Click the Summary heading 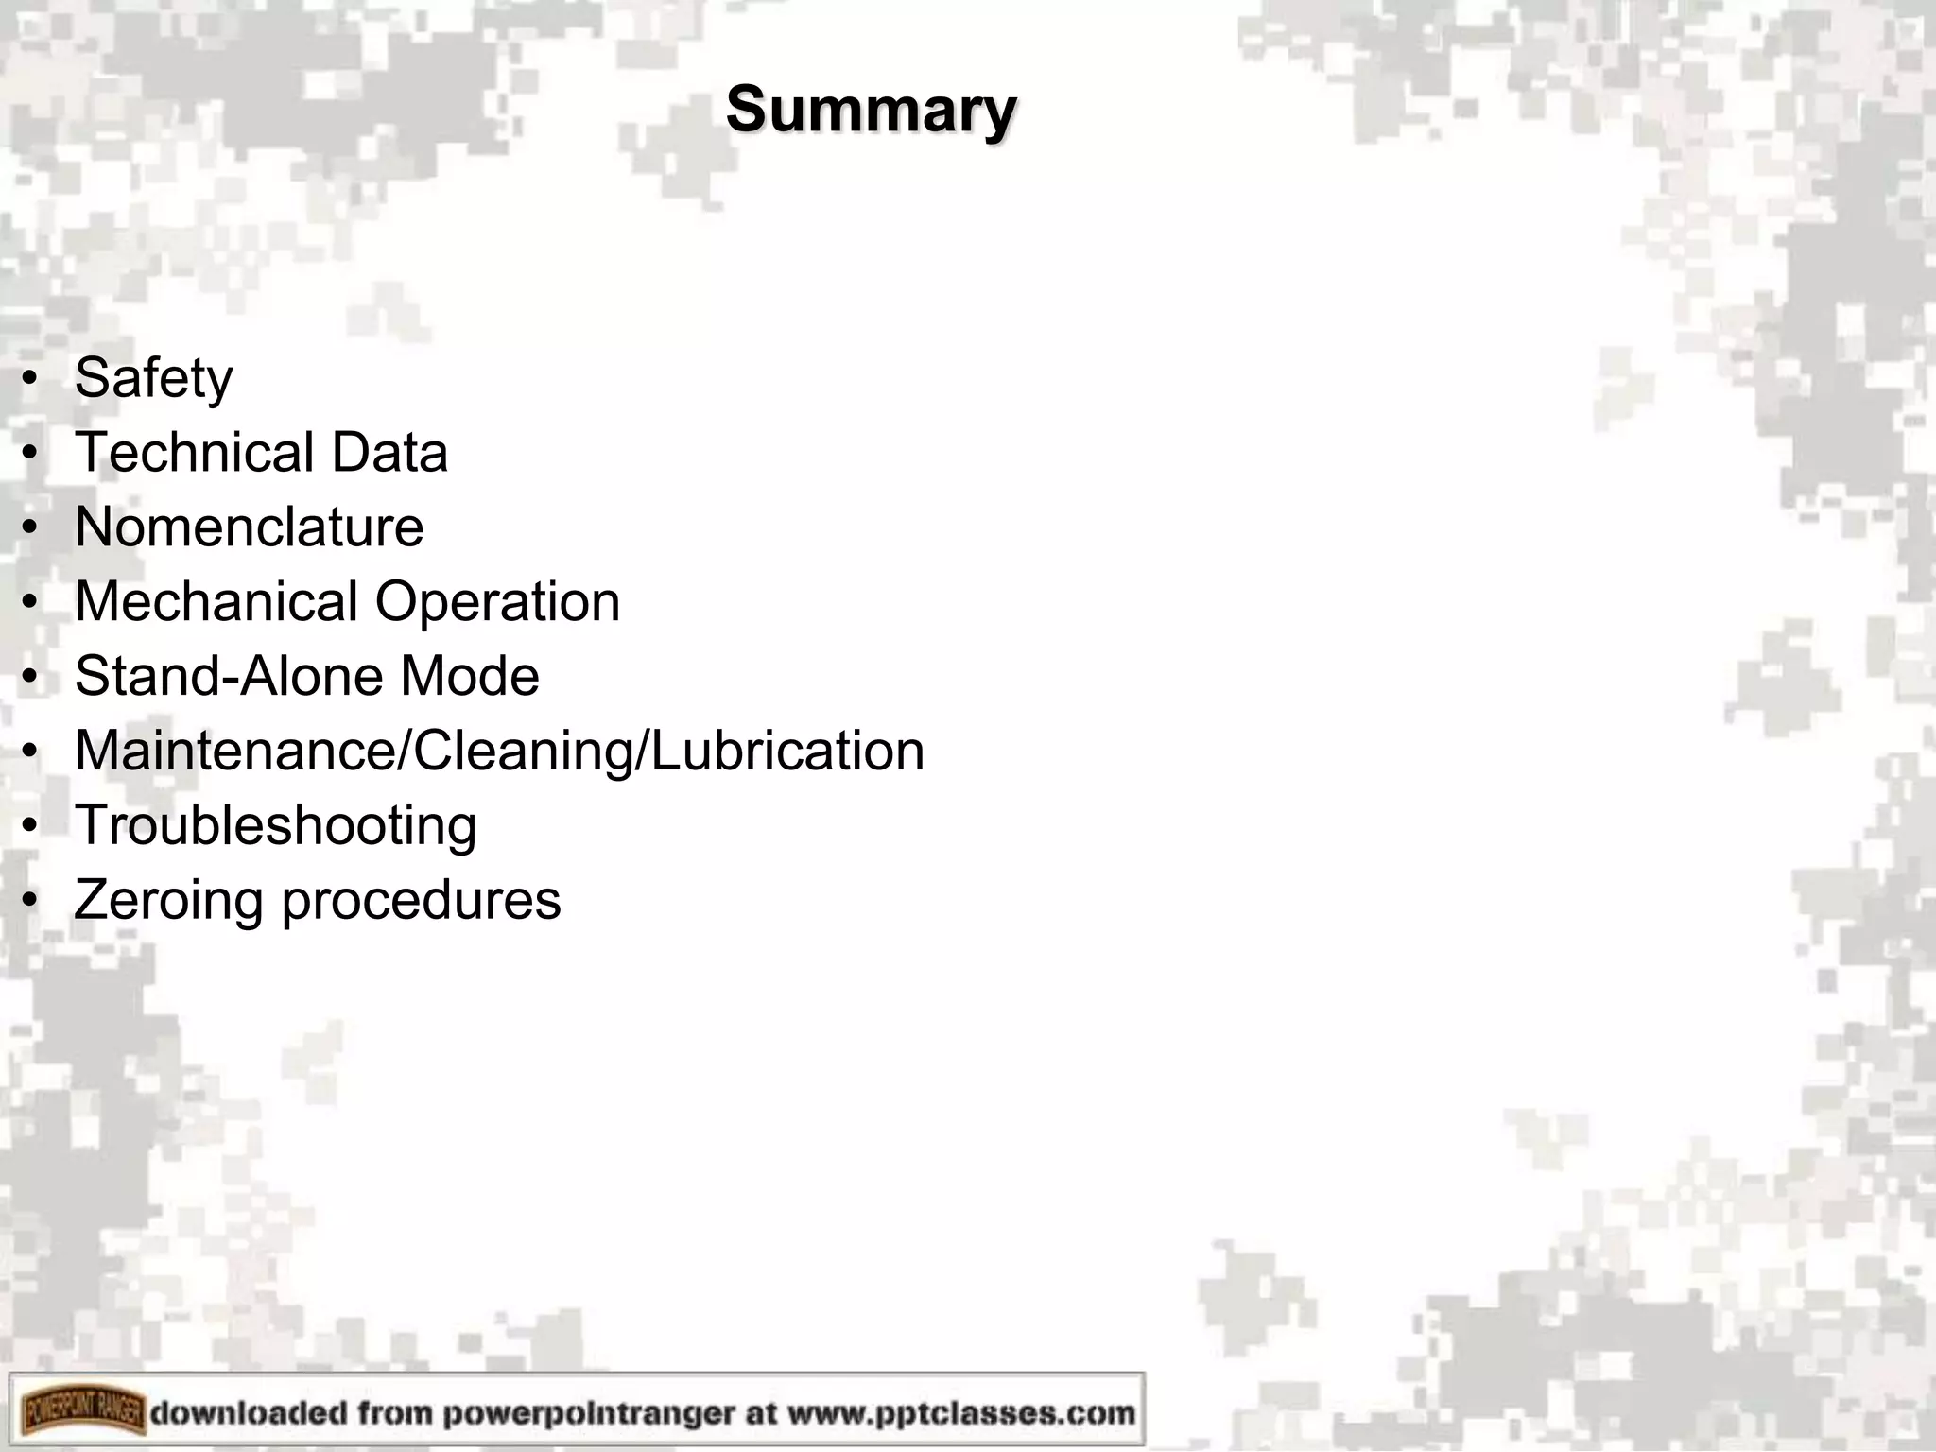click(x=871, y=111)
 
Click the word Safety click(x=153, y=378)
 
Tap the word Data click(x=389, y=452)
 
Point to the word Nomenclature click(x=249, y=527)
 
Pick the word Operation click(x=497, y=603)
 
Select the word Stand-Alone click(x=228, y=676)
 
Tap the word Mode click(x=469, y=676)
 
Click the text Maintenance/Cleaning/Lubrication click(x=499, y=752)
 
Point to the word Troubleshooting click(x=275, y=826)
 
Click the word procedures click(x=421, y=901)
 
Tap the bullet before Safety click(x=31, y=380)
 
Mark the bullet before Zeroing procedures click(x=31, y=902)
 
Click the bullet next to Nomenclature click(x=31, y=528)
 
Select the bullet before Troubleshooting click(x=31, y=827)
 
